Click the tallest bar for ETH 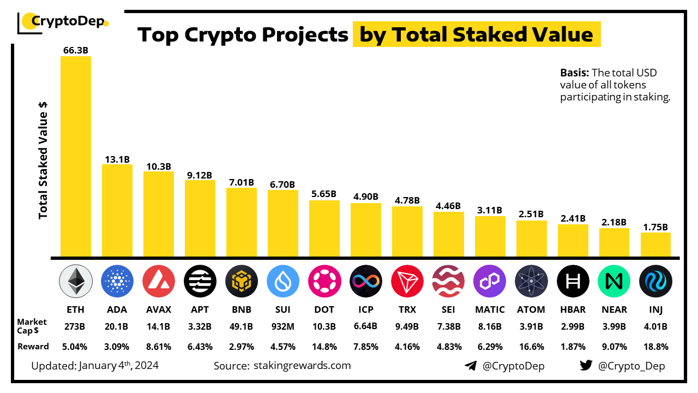coord(75,156)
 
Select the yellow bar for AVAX coord(158,214)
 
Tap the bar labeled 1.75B coord(655,245)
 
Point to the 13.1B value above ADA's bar coord(117,159)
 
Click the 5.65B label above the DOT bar coord(324,194)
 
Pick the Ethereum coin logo coord(75,282)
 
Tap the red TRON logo coord(407,282)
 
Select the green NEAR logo coord(614,282)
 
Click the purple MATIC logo coord(490,282)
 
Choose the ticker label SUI coord(282,309)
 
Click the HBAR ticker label coord(573,309)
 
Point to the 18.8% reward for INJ coord(655,347)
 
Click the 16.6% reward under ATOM coord(531,347)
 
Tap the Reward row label coord(34,347)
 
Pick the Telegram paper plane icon coord(471,366)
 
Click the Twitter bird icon coord(586,366)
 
